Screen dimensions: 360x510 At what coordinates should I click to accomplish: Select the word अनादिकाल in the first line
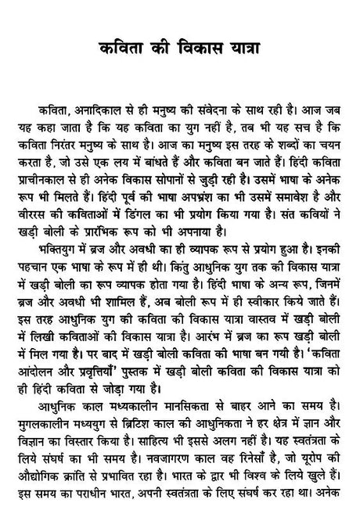click(x=95, y=106)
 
